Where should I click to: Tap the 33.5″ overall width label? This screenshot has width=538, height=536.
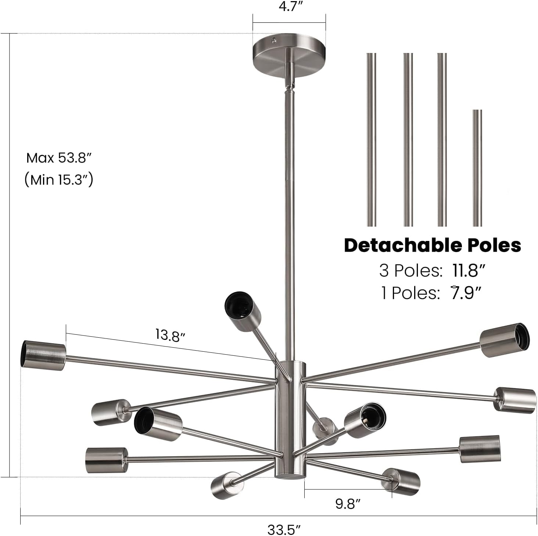[x=284, y=530]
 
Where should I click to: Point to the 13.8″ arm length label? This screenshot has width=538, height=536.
[x=170, y=335]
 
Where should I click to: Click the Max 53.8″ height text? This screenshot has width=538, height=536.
[x=58, y=158]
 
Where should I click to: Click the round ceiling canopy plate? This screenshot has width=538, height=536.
[x=289, y=53]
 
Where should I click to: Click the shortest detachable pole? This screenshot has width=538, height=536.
[x=477, y=168]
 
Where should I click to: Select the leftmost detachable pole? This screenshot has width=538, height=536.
[x=371, y=140]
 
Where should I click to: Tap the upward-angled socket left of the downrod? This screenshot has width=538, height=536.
[x=243, y=311]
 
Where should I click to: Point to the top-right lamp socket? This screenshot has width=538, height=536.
[x=505, y=340]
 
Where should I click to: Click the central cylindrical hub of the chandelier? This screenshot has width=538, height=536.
[x=290, y=419]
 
